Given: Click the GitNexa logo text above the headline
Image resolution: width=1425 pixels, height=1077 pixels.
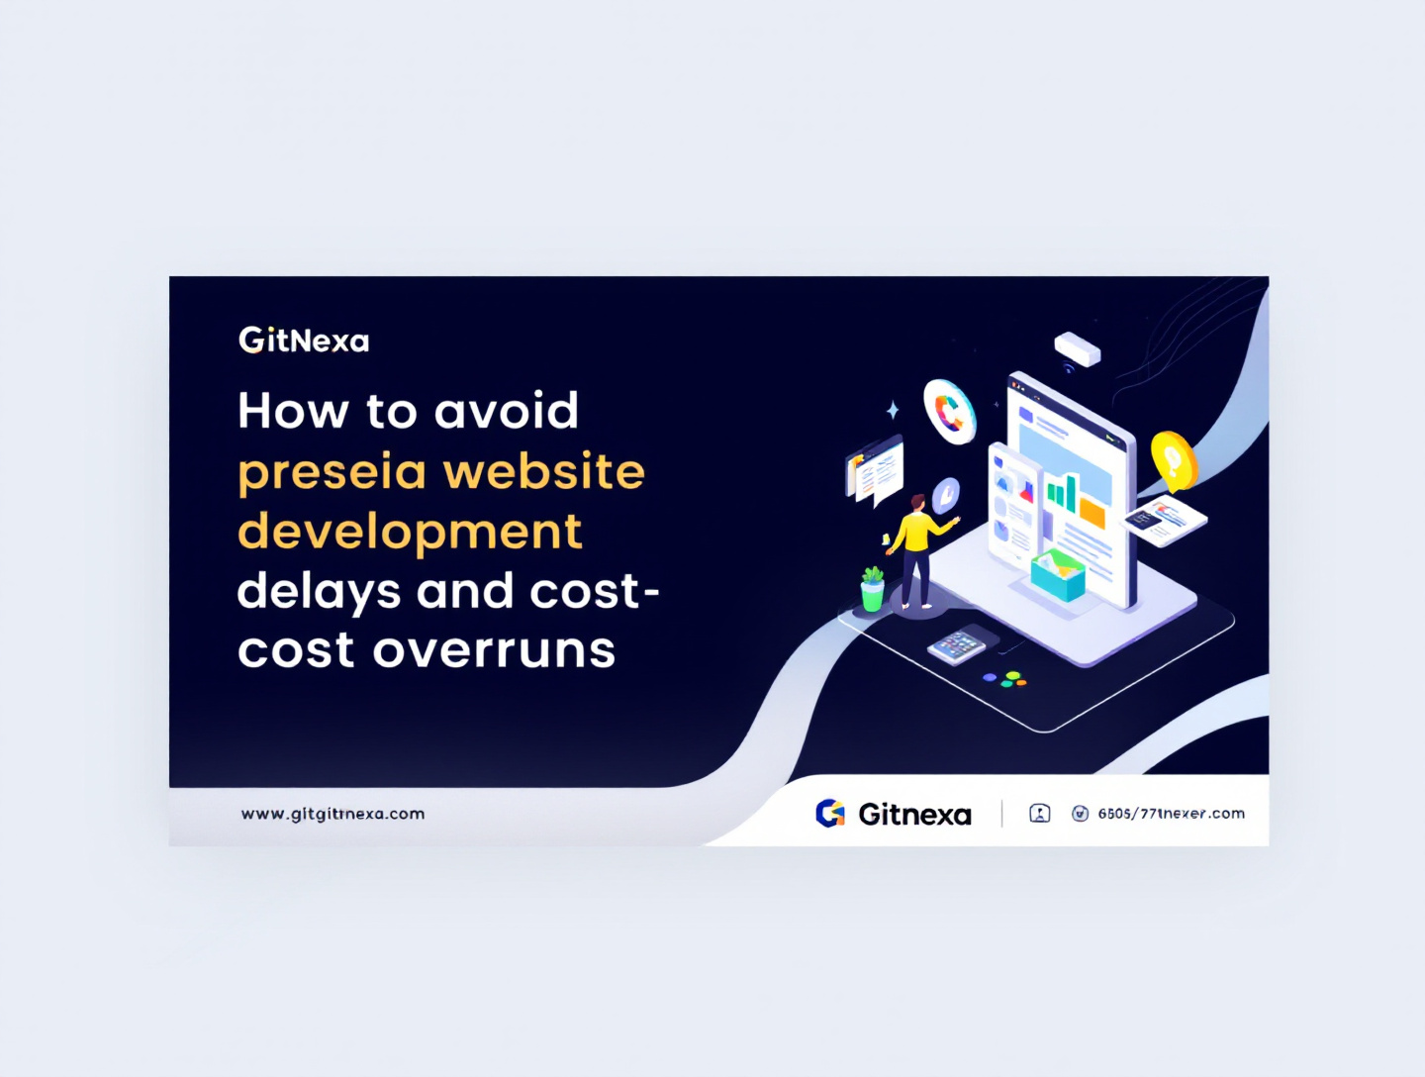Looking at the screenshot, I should pos(304,341).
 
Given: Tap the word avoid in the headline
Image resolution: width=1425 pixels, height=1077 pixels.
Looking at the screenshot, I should pos(506,411).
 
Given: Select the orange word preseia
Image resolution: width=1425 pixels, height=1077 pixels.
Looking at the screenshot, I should pos(332,473).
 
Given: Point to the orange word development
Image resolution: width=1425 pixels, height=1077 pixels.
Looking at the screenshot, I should pos(410,532).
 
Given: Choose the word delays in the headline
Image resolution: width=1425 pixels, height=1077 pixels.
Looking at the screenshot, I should pos(319,592).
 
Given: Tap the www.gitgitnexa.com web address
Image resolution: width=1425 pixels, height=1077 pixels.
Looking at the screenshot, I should pos(332,814).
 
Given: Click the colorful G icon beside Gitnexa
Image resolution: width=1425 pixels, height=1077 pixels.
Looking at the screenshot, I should pos(830,814).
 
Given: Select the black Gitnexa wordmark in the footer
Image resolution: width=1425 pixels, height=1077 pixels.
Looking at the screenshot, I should pos(914,815).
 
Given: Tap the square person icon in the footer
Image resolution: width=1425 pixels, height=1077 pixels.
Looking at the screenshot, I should pos(1039,814).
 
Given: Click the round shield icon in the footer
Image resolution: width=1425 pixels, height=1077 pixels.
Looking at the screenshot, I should pos(1080,814).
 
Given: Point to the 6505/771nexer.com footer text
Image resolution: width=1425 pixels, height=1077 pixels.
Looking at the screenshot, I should pos(1171,814).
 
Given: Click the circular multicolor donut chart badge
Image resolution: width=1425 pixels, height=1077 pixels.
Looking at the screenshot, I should pos(949,411).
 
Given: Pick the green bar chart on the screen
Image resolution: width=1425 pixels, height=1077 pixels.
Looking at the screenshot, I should pos(1062,492).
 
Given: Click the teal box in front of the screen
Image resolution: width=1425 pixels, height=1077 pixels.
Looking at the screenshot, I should pos(1057,576).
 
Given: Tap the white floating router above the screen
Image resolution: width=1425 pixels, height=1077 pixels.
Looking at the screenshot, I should pos(1077,348).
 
